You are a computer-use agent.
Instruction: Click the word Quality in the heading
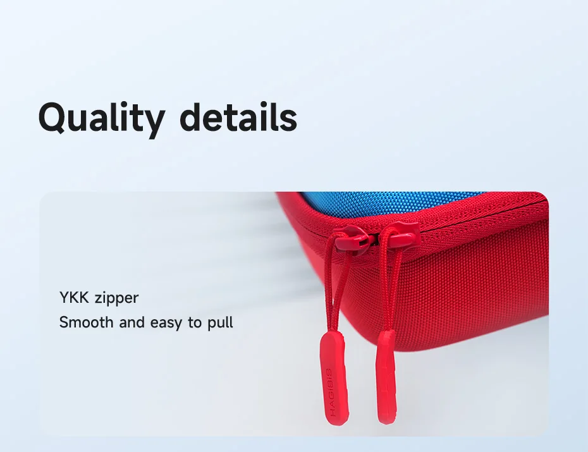coord(102,118)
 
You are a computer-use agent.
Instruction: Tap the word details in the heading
coord(238,116)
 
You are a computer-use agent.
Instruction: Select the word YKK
coord(74,298)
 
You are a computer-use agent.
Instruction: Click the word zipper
coord(116,299)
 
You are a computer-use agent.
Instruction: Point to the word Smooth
coord(86,322)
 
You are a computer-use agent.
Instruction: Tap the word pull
coord(221,323)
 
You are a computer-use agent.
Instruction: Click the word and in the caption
coord(132,322)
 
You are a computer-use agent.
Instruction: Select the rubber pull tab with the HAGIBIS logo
coord(334,379)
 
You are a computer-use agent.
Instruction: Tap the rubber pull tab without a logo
coord(386,377)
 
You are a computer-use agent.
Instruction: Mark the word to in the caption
coord(195,322)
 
